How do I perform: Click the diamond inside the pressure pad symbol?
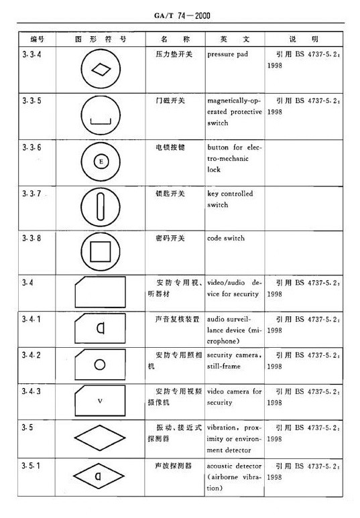(100, 70)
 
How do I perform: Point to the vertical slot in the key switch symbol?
(100, 206)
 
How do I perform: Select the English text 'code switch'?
(226, 238)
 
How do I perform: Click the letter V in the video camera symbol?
(100, 401)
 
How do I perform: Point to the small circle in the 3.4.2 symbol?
(100, 365)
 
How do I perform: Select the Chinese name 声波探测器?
(170, 464)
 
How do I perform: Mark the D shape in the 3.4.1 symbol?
(100, 328)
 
